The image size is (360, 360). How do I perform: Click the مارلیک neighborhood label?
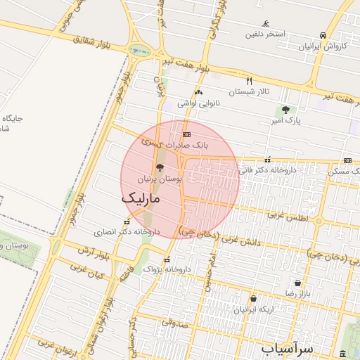(141, 199)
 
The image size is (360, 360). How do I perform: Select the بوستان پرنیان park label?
(160, 180)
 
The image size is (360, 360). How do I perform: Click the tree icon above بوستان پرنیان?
(160, 168)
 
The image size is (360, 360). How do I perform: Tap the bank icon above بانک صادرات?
(186, 134)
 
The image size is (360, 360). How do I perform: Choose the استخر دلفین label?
(265, 34)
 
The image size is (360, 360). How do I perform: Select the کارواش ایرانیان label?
(323, 46)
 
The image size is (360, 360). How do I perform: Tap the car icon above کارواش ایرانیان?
(323, 35)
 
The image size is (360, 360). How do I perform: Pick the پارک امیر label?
(285, 121)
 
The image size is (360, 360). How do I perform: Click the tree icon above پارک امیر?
(285, 110)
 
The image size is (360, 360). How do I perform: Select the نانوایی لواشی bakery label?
(198, 103)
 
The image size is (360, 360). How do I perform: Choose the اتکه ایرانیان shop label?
(252, 309)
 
